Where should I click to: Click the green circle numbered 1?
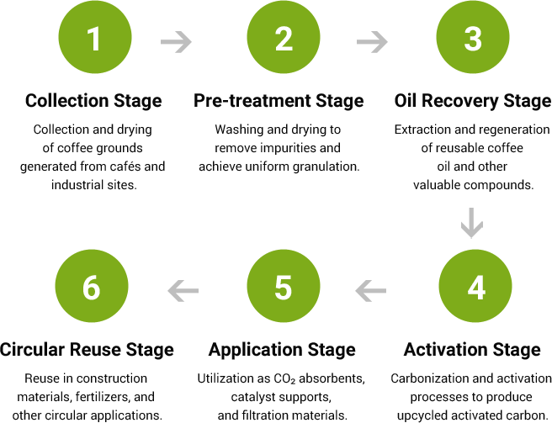(95, 37)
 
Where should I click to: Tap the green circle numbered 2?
(284, 37)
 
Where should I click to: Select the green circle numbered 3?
(473, 37)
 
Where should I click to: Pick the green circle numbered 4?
(475, 286)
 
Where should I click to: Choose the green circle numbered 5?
(284, 286)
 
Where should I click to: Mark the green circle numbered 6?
(92, 286)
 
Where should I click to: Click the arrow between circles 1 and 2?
(176, 42)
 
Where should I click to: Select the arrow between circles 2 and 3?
(372, 42)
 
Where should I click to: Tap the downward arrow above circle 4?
(472, 223)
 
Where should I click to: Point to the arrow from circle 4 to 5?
(371, 291)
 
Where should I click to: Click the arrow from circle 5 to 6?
(183, 291)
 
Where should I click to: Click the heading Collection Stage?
(93, 101)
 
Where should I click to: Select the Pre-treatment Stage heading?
(279, 101)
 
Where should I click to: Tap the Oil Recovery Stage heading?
(473, 101)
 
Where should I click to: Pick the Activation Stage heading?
(472, 350)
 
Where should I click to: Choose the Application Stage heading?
(282, 350)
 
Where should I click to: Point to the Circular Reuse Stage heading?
(87, 350)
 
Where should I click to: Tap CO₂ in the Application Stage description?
(284, 378)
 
